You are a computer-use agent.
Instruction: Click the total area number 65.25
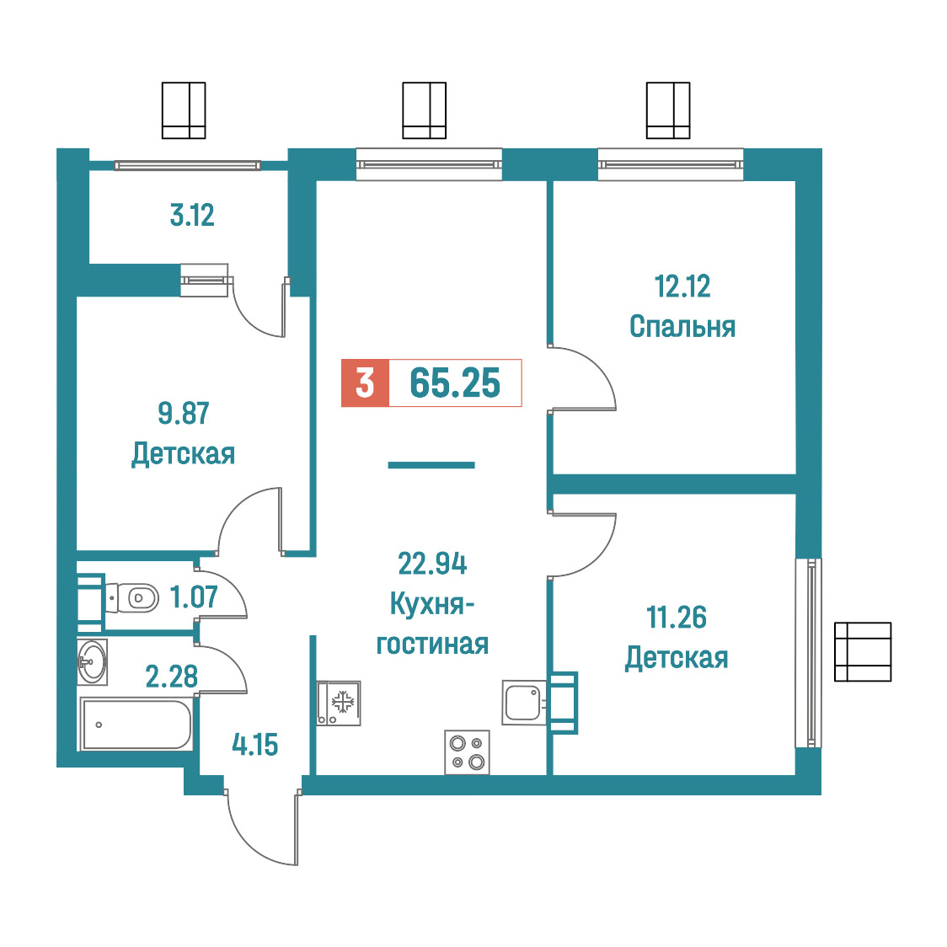pos(455,383)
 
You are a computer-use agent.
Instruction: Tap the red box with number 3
pos(365,383)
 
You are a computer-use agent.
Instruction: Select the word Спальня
pos(682,327)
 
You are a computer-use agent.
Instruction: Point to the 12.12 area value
pos(682,286)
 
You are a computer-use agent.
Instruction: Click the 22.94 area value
pos(432,564)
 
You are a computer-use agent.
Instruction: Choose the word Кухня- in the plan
pos(432,603)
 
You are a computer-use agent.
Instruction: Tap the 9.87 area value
pos(184,413)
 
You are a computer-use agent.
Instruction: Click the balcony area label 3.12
pos(192,216)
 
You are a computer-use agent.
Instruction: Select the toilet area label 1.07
pos(193,597)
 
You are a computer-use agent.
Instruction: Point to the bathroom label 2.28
pos(172,677)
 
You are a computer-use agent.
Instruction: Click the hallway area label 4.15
pos(255,745)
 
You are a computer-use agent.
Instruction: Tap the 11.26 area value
pos(677,618)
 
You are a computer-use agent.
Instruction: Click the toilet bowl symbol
pos(131,598)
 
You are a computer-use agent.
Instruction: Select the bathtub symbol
pos(136,724)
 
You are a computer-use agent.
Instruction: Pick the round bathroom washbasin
pos(93,662)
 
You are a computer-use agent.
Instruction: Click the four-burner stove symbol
pos(467,752)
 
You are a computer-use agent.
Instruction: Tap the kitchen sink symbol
pos(524,703)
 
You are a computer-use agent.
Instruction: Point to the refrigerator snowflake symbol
pos(343,702)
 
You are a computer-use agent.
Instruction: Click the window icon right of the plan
pos(863,652)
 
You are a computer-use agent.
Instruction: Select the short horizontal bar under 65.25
pos(431,465)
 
